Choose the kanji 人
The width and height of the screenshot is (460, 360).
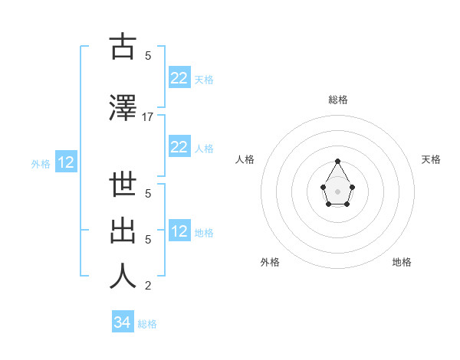[123, 276]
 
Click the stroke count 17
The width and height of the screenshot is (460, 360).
[148, 116]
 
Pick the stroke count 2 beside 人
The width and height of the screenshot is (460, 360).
[148, 286]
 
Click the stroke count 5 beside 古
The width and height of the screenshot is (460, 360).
[148, 55]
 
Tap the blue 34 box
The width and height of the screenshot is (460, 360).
[123, 323]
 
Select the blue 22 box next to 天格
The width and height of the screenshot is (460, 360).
[179, 78]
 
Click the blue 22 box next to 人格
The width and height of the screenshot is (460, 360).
[179, 147]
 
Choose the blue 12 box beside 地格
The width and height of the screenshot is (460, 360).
[179, 231]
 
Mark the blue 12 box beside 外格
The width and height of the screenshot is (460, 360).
[66, 162]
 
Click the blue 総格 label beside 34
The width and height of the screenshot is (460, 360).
[147, 324]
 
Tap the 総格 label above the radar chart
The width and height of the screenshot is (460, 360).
[338, 100]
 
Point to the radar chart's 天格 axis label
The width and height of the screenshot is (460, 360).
[432, 159]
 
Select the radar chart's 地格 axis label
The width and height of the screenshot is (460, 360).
[402, 262]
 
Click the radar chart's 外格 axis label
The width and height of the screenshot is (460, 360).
[270, 262]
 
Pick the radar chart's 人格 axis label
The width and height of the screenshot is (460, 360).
[245, 159]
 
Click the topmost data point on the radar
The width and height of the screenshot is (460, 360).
[338, 161]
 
